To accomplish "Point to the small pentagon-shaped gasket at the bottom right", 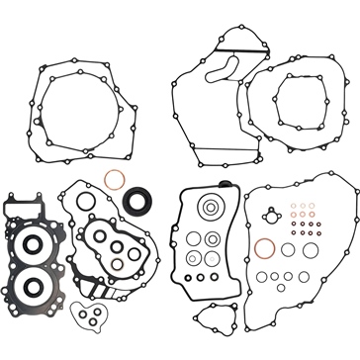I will click(x=212, y=319).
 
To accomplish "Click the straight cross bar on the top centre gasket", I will click(x=233, y=48).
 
